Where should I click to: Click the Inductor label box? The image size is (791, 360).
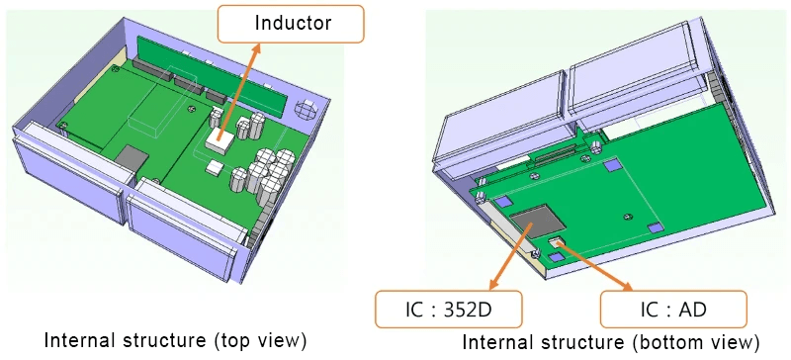click(290, 23)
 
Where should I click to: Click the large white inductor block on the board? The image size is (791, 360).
click(219, 139)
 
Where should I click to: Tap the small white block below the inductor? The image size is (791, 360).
click(214, 167)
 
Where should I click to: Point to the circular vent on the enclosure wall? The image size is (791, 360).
click(305, 109)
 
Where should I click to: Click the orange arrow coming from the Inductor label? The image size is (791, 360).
click(240, 90)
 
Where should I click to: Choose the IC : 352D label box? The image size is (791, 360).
click(449, 309)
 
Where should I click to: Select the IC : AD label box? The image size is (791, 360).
click(673, 309)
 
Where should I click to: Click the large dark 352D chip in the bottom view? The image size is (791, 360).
click(536, 222)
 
